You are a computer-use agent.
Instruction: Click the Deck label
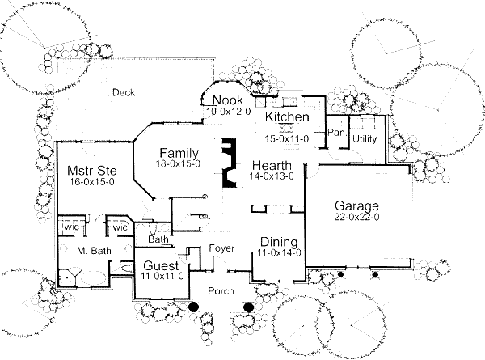click(124, 91)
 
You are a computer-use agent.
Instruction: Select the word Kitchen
click(288, 118)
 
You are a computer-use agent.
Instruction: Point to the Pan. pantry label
click(336, 131)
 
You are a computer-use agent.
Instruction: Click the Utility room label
click(365, 139)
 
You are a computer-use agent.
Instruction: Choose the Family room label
click(179, 153)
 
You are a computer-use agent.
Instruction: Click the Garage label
click(355, 206)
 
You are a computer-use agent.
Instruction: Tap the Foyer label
click(221, 248)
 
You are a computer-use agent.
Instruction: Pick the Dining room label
click(280, 243)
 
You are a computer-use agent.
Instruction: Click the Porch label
click(221, 291)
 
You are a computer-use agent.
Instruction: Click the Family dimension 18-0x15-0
click(179, 163)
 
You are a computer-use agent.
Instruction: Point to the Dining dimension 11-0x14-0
click(280, 252)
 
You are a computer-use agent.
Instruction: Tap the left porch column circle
click(194, 307)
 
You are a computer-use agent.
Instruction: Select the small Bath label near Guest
click(158, 239)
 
